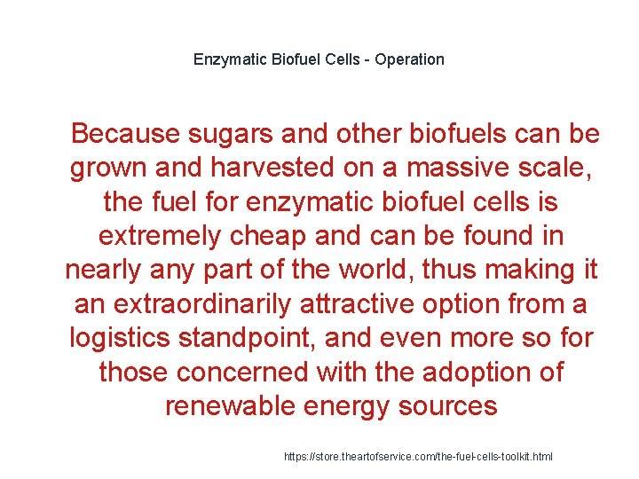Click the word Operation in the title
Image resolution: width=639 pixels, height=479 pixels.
(409, 60)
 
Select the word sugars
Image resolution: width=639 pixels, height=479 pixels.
(231, 134)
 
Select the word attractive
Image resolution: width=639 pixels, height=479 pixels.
(405, 303)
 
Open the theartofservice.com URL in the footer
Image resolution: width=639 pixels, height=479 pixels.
(418, 456)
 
